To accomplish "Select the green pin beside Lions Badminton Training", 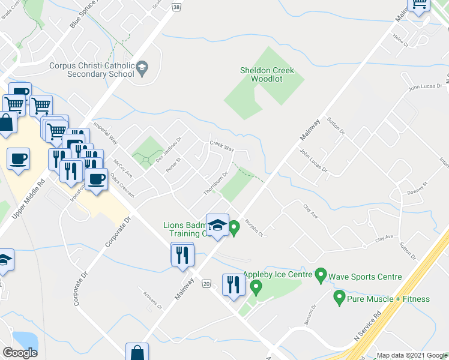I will pos(234,227).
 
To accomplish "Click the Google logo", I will pos(20,353).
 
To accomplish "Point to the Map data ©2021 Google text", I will pos(412,355).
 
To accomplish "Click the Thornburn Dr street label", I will pos(215,183).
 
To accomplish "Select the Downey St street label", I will pos(416,191).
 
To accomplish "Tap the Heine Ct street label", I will pos(400,41).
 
